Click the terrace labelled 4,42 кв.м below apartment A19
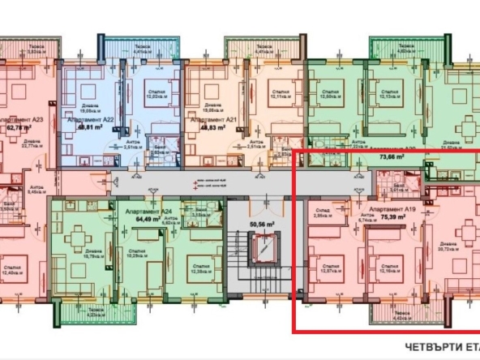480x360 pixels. (402, 316)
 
